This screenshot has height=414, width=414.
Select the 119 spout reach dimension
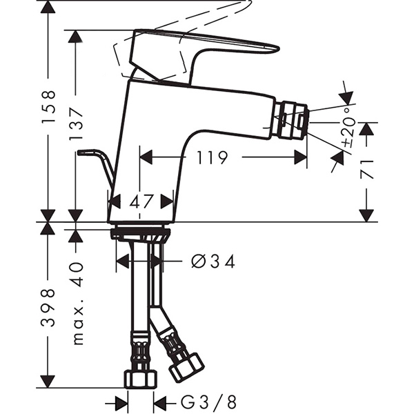click(211, 158)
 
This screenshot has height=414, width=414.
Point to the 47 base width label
click(141, 201)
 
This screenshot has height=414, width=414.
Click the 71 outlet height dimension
click(368, 168)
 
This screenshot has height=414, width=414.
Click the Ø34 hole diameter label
click(212, 262)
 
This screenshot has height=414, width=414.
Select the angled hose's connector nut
click(186, 366)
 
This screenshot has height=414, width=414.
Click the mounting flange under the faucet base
click(141, 232)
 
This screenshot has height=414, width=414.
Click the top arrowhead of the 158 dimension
click(48, 7)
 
